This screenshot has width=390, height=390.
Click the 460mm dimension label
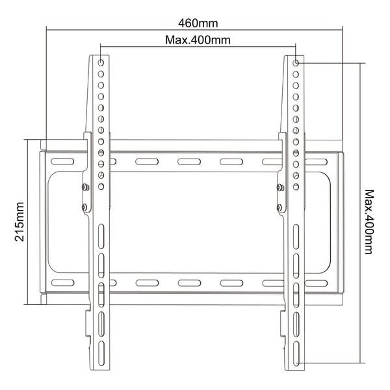(198, 23)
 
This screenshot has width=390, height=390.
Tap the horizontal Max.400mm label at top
(198, 40)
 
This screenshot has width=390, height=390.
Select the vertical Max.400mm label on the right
(369, 222)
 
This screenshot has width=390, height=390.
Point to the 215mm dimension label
(19, 222)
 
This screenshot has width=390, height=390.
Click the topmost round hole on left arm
(101, 62)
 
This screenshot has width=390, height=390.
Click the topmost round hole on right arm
(296, 63)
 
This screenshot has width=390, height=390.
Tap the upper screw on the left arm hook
(86, 187)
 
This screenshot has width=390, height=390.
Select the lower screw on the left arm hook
(84, 207)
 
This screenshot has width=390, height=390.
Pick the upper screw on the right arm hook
(281, 187)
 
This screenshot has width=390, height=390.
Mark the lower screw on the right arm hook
(279, 207)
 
